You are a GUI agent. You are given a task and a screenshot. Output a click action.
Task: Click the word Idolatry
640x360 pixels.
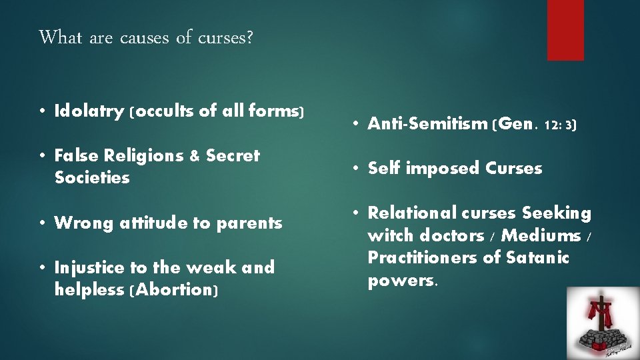tap(84, 111)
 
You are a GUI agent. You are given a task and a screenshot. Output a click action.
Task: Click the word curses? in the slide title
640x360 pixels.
tap(225, 37)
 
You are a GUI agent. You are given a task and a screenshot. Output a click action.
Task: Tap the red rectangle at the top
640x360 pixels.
tap(565, 29)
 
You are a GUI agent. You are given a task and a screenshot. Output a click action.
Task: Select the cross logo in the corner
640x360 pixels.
tap(603, 323)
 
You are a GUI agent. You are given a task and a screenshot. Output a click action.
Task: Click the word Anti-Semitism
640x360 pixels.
tap(427, 123)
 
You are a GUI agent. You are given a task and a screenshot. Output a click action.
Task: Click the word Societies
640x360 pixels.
tap(92, 178)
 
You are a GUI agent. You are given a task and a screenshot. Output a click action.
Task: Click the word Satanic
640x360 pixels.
tap(538, 258)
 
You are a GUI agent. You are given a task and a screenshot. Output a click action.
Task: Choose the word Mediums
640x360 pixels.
tap(541, 235)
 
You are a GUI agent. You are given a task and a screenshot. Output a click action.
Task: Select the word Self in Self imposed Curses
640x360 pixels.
tap(384, 168)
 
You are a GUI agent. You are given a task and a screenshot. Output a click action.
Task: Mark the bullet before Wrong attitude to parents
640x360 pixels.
tap(42, 223)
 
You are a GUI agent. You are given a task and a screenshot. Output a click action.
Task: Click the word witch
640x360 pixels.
tap(391, 235)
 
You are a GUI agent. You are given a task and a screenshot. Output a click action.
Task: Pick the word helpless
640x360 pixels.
tap(89, 290)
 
